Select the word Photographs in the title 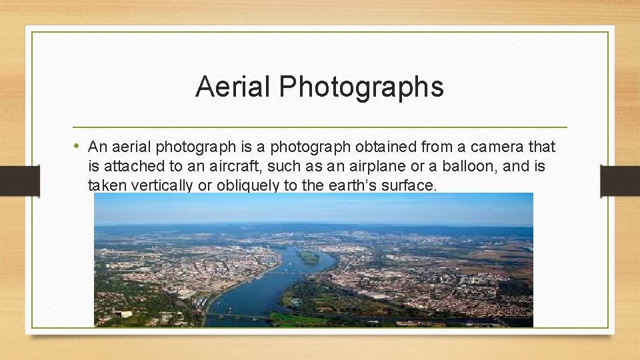pyautogui.click(x=361, y=87)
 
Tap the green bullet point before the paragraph pyautogui.click(x=78, y=145)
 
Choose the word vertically pyautogui.click(x=159, y=185)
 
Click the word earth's pyautogui.click(x=351, y=185)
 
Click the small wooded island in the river pyautogui.click(x=308, y=256)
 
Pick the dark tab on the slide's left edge pyautogui.click(x=32, y=181)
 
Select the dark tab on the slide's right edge pyautogui.click(x=620, y=181)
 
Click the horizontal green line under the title pyautogui.click(x=320, y=127)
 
